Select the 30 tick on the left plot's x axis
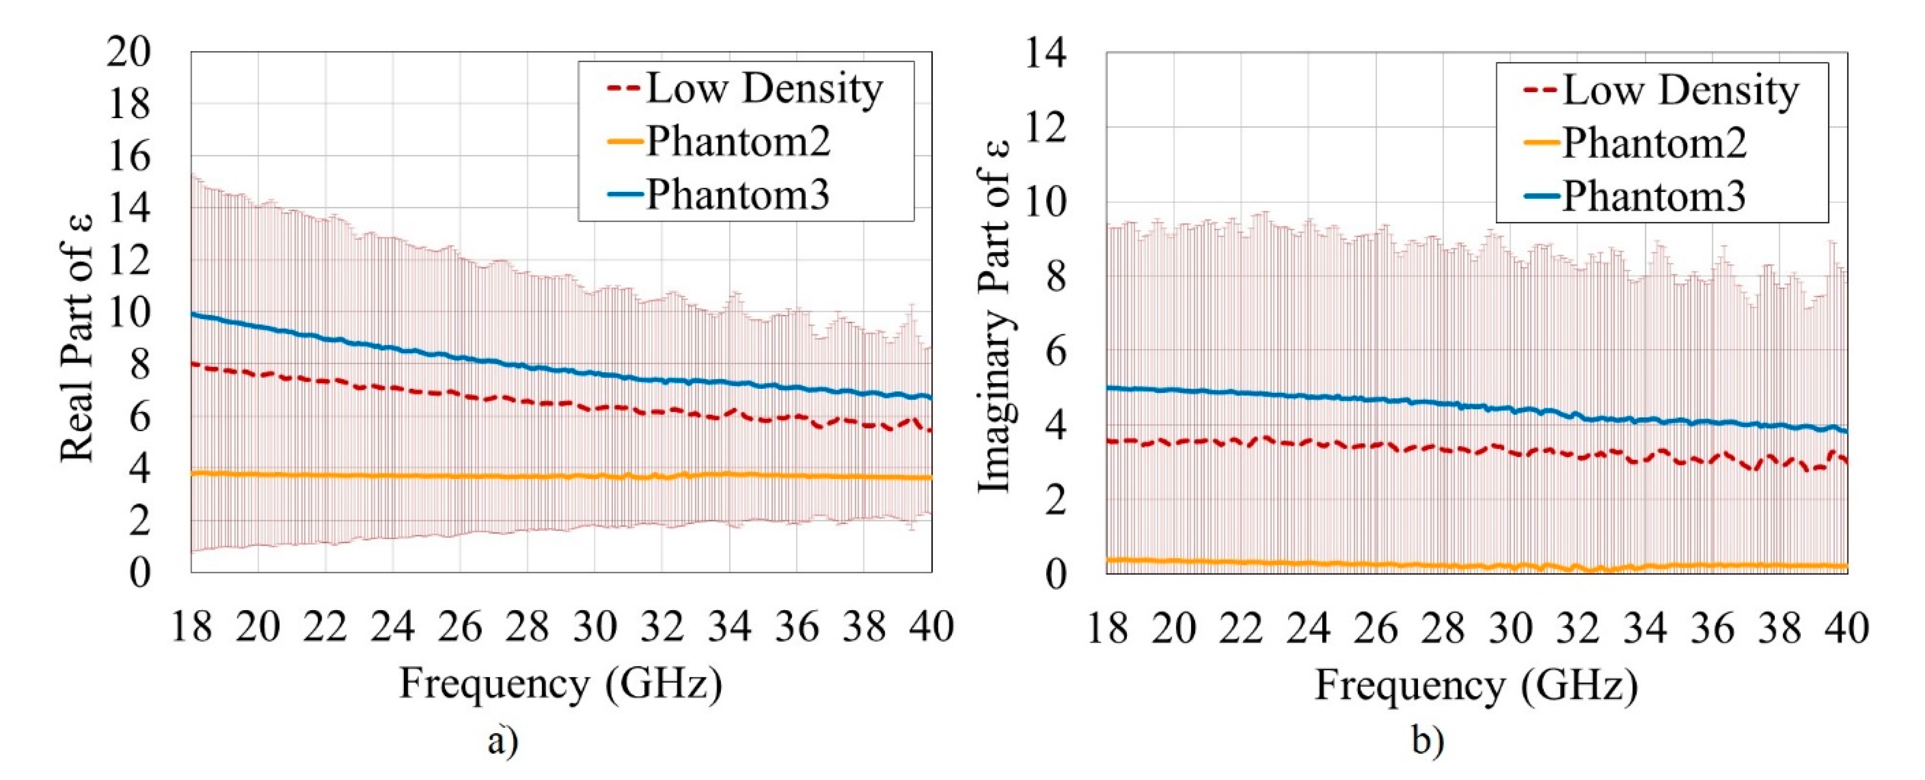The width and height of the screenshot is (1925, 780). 595,626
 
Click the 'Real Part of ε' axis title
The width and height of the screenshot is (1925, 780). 78,338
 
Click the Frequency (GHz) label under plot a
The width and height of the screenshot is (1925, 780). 561,683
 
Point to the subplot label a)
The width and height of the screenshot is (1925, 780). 502,741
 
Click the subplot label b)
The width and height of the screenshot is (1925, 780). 1428,741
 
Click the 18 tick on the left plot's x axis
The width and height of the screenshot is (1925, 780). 191,626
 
